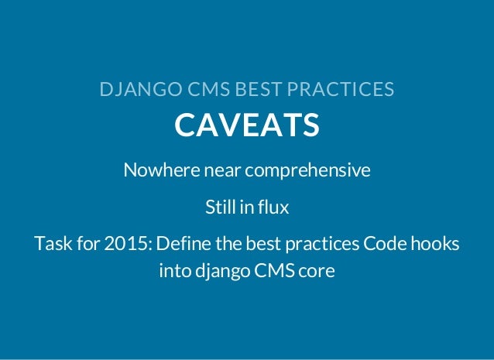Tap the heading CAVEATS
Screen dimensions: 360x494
pos(247,125)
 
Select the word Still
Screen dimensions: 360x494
pos(219,207)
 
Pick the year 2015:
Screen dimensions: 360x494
pos(126,245)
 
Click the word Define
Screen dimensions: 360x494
pos(184,245)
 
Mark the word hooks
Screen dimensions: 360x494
pos(435,245)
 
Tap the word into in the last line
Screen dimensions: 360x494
pos(173,273)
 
